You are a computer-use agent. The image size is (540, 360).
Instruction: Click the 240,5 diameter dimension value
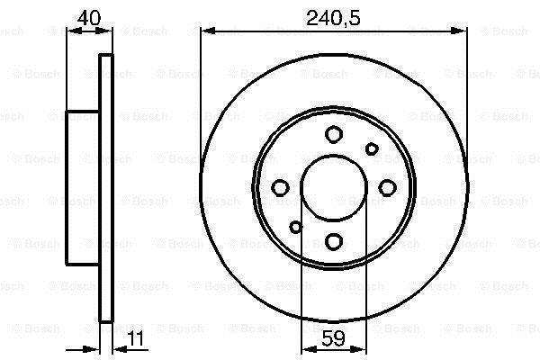coord(333,18)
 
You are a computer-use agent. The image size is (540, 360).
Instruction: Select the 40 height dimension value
coord(89,18)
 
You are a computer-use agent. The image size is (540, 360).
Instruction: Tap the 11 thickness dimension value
coord(137,338)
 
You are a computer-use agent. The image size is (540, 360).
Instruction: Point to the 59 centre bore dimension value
coord(333,338)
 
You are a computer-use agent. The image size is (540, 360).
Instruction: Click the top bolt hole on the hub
coord(334,134)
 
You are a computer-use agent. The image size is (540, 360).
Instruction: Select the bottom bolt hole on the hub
coord(334,241)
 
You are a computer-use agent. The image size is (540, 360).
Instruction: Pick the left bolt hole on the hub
coord(280,188)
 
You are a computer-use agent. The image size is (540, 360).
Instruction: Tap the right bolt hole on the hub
coord(387,188)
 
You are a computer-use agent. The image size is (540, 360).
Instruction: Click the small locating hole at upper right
coord(372,149)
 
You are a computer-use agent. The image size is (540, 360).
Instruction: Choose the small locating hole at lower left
coord(296,227)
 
